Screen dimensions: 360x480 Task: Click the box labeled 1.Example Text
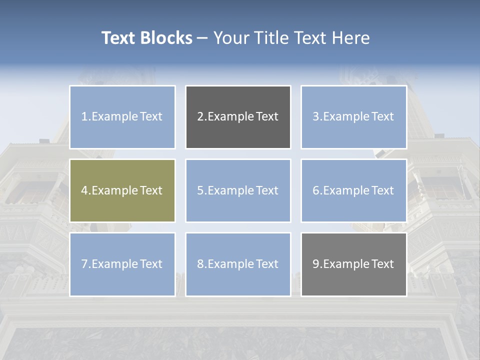[x=122, y=117]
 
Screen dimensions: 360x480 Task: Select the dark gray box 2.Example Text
[x=238, y=117]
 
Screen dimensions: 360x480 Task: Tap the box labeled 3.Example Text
[x=353, y=117]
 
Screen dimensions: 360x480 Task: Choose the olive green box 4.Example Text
[x=122, y=190]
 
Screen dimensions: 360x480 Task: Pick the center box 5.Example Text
[x=238, y=190]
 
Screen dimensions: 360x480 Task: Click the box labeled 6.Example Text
[x=353, y=190]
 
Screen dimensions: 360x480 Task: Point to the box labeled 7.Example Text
[x=122, y=264]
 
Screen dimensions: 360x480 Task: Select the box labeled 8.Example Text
[x=238, y=264]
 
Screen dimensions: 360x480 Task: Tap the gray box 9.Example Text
[x=353, y=264]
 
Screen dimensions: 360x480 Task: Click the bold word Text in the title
[x=118, y=38]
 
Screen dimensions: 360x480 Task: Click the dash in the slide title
[x=202, y=38]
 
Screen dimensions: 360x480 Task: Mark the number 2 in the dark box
[x=200, y=117]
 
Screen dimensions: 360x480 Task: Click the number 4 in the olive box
[x=84, y=190]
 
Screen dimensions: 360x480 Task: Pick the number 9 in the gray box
[x=316, y=264]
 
